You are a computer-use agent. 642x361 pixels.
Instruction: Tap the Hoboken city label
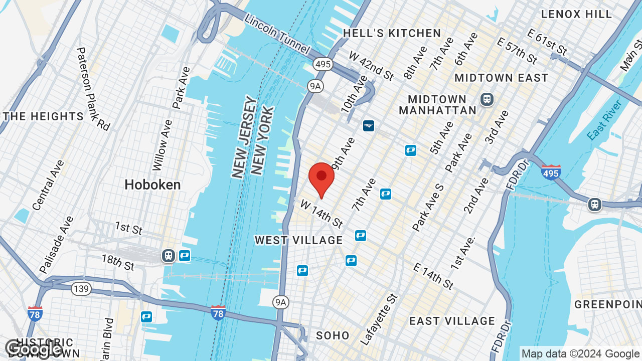152,185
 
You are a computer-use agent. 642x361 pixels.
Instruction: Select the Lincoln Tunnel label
277,33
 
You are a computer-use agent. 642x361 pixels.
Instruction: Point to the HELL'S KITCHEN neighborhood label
392,34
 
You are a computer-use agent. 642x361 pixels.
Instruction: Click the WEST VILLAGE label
299,240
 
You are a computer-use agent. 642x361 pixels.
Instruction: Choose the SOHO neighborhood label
333,335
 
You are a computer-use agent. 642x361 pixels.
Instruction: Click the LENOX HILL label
576,14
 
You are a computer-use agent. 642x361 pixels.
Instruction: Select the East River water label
604,120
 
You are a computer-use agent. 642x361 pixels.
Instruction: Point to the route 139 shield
81,289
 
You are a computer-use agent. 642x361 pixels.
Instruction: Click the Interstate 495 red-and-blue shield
551,172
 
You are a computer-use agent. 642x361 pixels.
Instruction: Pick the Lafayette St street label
379,319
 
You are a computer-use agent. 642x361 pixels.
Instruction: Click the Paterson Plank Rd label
93,89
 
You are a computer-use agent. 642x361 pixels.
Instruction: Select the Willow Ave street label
162,145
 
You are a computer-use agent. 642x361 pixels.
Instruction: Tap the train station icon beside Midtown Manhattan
487,99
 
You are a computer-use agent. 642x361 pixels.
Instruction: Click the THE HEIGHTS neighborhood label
43,116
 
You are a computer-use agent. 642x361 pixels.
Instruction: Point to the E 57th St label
517,50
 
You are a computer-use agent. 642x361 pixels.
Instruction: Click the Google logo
34,349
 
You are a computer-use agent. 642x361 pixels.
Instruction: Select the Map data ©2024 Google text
580,353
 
